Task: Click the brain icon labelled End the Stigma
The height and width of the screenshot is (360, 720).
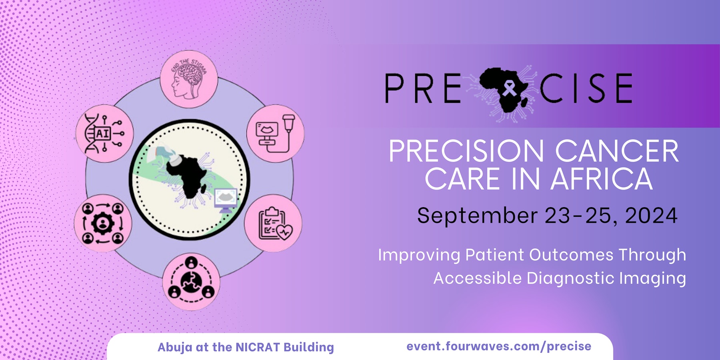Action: click(x=189, y=79)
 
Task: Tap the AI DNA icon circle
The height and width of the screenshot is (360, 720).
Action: click(x=104, y=134)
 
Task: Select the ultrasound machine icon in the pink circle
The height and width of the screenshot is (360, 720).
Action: click(x=275, y=134)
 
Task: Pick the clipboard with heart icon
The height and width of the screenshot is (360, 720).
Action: click(x=273, y=223)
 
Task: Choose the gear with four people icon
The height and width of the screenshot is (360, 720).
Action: click(x=103, y=223)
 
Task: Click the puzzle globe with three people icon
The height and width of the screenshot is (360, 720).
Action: click(x=191, y=282)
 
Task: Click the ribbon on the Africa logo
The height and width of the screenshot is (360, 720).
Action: click(x=509, y=88)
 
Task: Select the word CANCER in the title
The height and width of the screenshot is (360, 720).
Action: click(x=617, y=151)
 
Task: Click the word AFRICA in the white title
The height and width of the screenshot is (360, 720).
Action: click(x=601, y=179)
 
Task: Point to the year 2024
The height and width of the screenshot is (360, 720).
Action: click(x=651, y=216)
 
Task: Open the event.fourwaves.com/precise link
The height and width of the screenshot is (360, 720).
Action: click(x=499, y=346)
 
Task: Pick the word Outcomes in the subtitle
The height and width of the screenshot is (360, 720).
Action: click(x=571, y=255)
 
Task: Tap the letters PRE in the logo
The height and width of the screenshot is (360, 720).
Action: click(x=423, y=88)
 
